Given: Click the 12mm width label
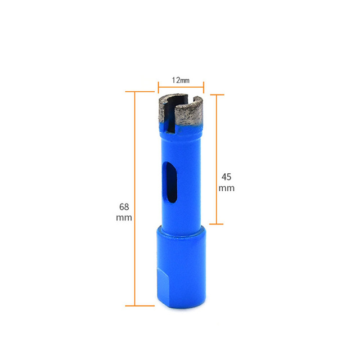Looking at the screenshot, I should coord(180,80).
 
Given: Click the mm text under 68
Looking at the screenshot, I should coord(124,218).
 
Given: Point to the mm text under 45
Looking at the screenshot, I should coord(226,188).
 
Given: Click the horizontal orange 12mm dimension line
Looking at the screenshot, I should coord(180,87).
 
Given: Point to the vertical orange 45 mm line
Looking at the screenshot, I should coord(217,159).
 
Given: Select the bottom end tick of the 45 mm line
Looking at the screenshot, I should coord(217,224).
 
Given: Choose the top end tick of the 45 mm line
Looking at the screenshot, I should coord(217,94).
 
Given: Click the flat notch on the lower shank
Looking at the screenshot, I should coord(161,287).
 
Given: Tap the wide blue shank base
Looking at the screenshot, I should coord(179,270).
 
